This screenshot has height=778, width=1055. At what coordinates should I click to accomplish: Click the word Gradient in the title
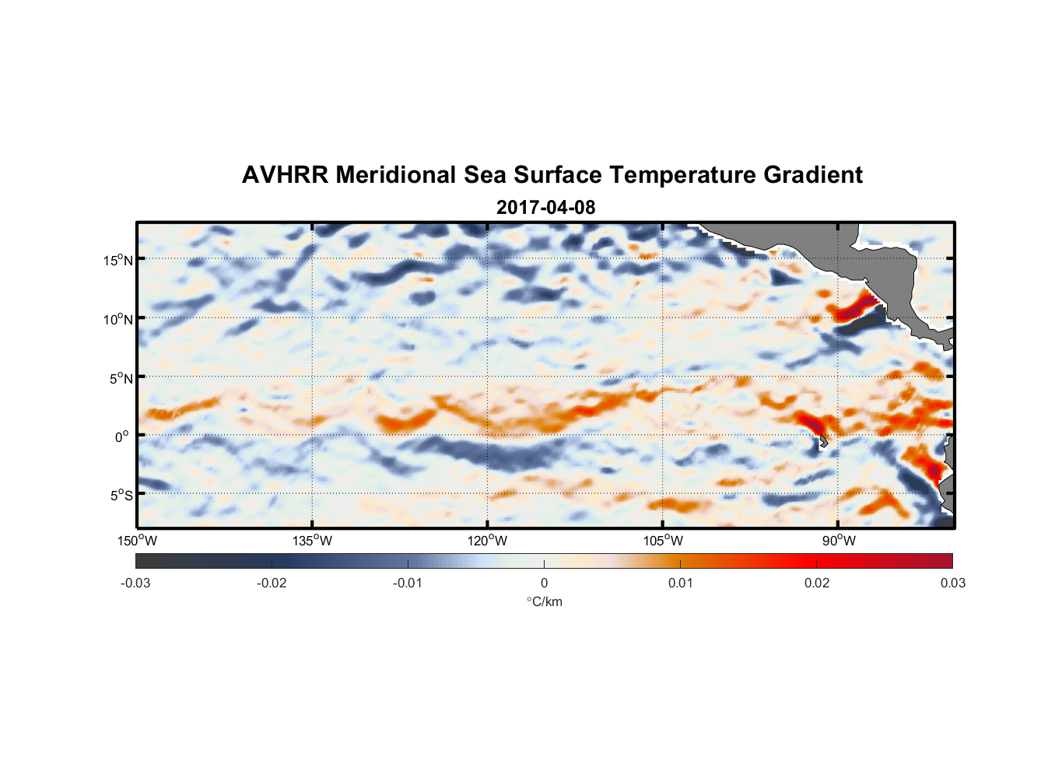point(813,175)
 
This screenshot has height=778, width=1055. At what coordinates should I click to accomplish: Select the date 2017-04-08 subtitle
point(545,208)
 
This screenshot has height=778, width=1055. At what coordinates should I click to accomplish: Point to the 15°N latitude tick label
point(118,260)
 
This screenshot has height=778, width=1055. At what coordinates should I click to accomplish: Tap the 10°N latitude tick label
point(118,319)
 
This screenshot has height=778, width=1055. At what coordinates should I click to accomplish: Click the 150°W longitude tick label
point(137,541)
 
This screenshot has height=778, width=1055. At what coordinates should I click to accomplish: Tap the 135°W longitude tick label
point(312,541)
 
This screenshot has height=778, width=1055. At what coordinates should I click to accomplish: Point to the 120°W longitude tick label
point(487,541)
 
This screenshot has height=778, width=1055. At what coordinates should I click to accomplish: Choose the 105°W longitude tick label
point(663,541)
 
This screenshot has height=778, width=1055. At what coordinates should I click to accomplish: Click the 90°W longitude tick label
point(838,541)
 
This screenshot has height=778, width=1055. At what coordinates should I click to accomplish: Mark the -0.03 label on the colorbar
point(135,583)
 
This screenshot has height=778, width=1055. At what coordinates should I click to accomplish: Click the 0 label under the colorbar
point(544,583)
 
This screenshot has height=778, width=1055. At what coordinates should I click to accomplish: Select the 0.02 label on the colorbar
point(817,583)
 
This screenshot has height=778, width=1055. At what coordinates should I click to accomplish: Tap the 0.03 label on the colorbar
point(952,583)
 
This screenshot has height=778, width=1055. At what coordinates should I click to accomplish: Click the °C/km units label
point(544,601)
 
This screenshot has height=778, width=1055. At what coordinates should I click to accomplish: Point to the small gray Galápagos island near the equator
point(823,441)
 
